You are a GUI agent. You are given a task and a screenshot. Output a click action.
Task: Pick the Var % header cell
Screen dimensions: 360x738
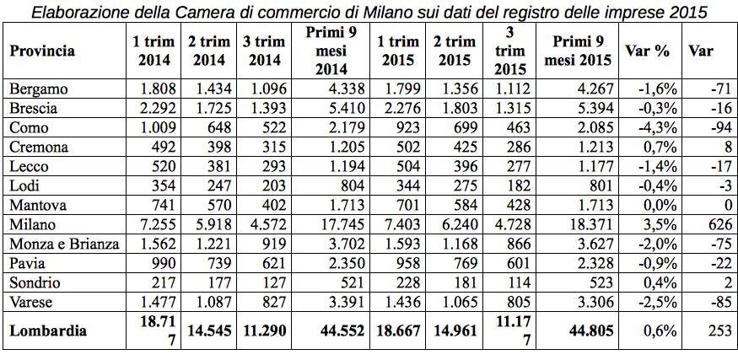648,51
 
